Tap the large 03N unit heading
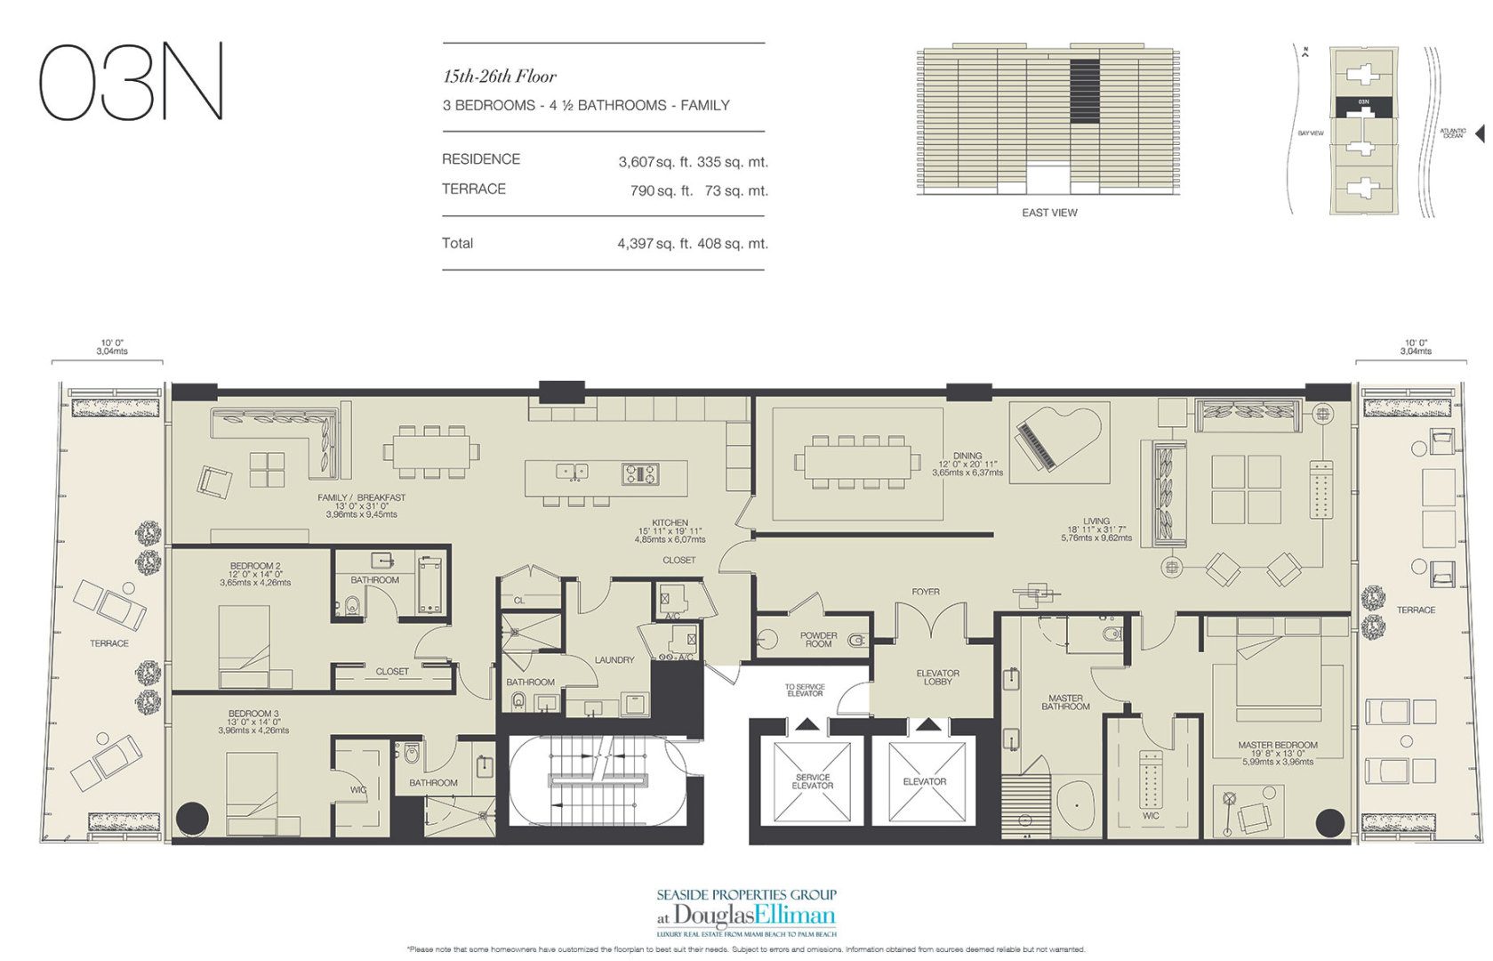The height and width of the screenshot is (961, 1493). coord(131,82)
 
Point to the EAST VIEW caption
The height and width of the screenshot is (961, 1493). coord(1049,213)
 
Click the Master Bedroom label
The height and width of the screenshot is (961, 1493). coord(1277,746)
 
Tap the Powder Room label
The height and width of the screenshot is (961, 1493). coord(817,639)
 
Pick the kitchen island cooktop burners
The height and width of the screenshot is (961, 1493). coord(640,473)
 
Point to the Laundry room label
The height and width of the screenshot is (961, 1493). coord(614,660)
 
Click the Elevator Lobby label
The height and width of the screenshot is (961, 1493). coord(937,677)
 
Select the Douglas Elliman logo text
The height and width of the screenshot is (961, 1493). coord(747,916)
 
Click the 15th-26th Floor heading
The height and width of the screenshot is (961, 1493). coord(500,77)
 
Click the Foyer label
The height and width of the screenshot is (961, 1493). coord(925,592)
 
